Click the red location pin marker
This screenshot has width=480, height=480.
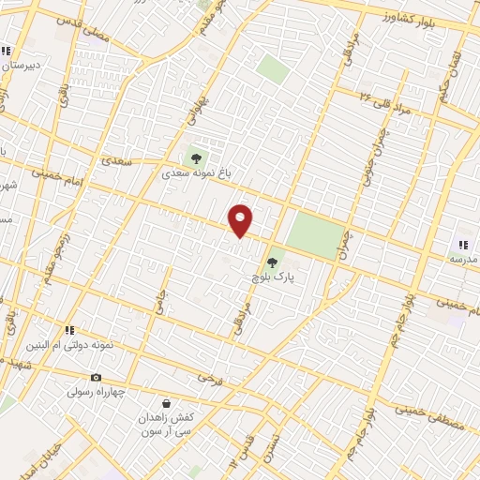click(x=241, y=220)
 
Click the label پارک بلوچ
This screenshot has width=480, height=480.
click(x=272, y=278)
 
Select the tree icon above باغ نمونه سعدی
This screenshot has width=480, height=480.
click(x=196, y=157)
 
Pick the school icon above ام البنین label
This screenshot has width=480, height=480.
click(x=69, y=330)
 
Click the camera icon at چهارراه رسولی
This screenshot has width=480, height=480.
click(x=96, y=377)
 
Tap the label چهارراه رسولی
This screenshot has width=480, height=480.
click(x=96, y=391)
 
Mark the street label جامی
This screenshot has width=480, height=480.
click(x=157, y=300)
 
